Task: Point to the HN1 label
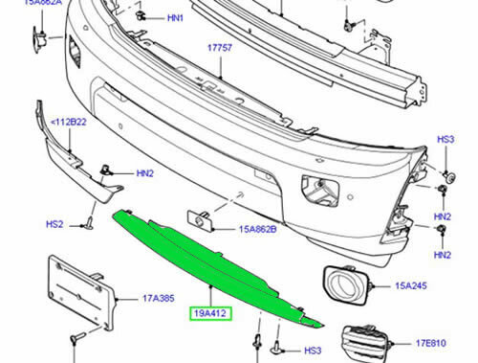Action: click(176, 18)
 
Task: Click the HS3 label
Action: click(445, 140)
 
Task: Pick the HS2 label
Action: click(54, 224)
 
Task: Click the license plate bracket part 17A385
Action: click(83, 294)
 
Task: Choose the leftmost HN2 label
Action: click(144, 173)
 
